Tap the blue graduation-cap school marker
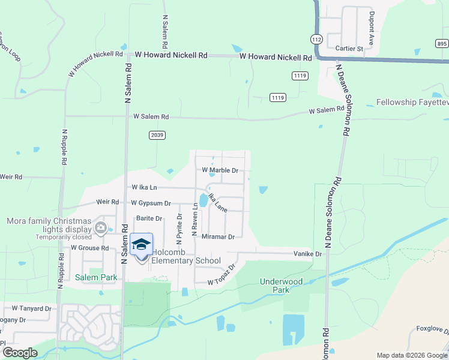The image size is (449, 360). (141, 245)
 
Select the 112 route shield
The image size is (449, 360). (316, 38)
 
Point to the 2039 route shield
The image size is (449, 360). (157, 136)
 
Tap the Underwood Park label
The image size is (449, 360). (275, 285)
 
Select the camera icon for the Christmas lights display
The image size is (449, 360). (101, 228)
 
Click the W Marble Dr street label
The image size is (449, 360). (220, 170)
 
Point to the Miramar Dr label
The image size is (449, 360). (218, 237)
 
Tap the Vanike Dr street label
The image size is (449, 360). (308, 254)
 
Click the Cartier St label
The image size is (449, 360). (349, 49)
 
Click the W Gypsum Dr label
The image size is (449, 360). (151, 203)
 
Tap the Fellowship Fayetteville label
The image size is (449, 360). (412, 102)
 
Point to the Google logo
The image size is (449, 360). (20, 353)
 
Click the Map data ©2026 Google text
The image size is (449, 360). (411, 355)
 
